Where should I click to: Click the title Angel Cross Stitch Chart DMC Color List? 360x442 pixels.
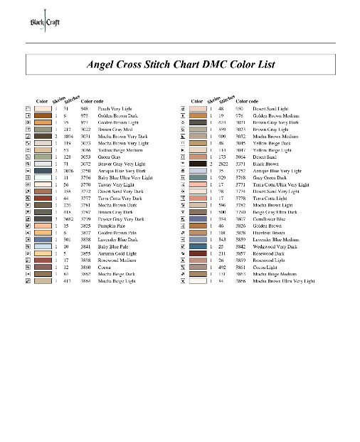[181, 64]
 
